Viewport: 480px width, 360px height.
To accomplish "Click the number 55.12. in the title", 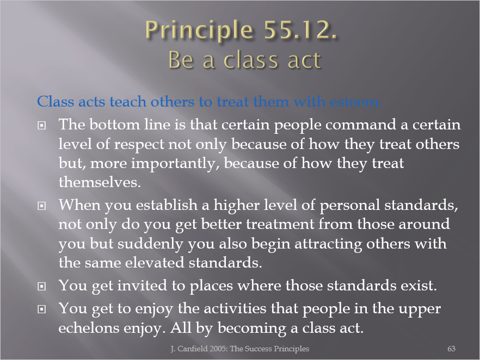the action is pyautogui.click(x=300, y=30).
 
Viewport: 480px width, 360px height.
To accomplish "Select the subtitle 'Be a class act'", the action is pyautogui.click(x=244, y=60).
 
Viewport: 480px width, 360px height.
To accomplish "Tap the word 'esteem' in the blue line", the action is pyautogui.click(x=356, y=102).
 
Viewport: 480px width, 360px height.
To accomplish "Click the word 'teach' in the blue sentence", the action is pyautogui.click(x=128, y=102).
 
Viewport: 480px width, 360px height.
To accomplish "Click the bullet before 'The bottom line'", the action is pyautogui.click(x=41, y=126).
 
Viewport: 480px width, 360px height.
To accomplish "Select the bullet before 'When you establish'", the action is pyautogui.click(x=41, y=206).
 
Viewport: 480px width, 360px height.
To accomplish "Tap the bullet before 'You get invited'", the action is pyautogui.click(x=41, y=286).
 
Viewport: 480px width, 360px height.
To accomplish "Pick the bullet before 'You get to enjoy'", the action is pyautogui.click(x=41, y=309).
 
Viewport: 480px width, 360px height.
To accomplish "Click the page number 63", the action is pyautogui.click(x=451, y=349).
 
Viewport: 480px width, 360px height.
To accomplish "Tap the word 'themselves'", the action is pyautogui.click(x=100, y=182).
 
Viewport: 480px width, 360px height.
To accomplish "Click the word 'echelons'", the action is pyautogui.click(x=89, y=328).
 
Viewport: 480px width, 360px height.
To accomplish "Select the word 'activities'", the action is pyautogui.click(x=235, y=309).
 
